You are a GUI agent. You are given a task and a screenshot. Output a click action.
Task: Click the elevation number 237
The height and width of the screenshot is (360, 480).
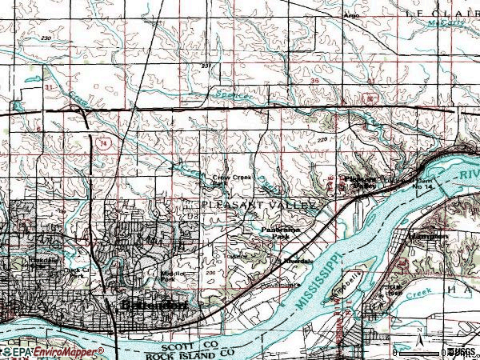coord(206,66)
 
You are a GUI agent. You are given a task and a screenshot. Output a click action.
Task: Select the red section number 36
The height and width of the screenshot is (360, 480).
coord(314,81)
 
